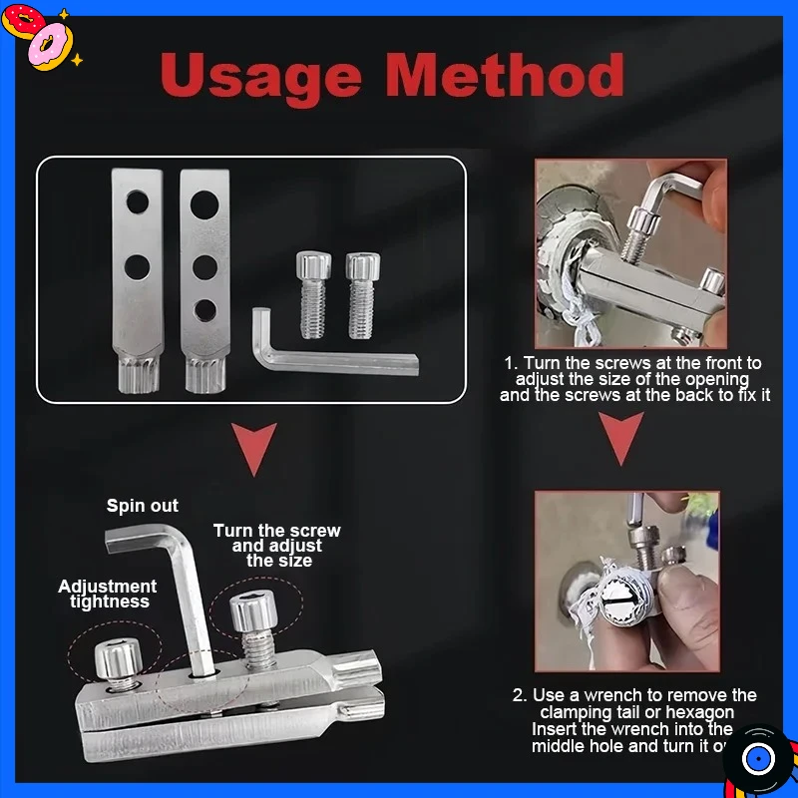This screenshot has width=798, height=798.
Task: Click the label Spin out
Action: point(143,506)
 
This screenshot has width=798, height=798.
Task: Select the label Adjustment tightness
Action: point(108,594)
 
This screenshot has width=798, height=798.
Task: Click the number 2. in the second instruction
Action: point(520,695)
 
